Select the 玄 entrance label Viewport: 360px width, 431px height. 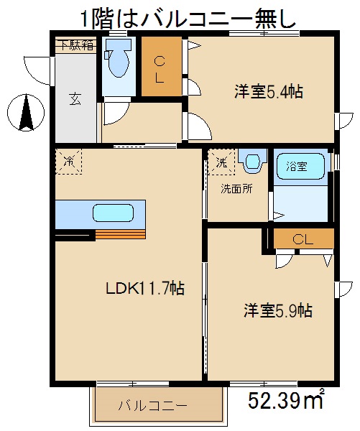[75, 98]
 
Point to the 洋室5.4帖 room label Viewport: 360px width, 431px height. [267, 92]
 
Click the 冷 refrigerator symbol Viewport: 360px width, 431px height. [68, 162]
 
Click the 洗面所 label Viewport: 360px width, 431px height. [236, 190]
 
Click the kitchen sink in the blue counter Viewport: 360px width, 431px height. [111, 213]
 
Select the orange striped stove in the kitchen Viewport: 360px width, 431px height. [120, 233]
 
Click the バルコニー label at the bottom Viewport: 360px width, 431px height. [152, 406]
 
